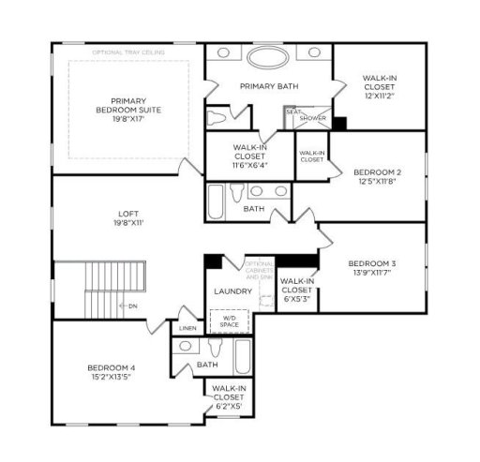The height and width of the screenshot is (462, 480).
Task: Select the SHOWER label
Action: pyautogui.click(x=312, y=118)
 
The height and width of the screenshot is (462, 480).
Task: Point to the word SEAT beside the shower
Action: pyautogui.click(x=292, y=112)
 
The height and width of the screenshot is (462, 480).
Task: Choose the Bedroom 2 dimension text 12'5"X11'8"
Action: pyautogui.click(x=378, y=183)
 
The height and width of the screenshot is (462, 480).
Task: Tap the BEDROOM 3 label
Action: pyautogui.click(x=372, y=263)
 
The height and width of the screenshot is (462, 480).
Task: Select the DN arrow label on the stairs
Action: pyautogui.click(x=132, y=306)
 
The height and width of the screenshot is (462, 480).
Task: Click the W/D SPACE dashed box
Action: pyautogui.click(x=230, y=322)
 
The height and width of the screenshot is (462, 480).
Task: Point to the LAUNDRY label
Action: pyautogui.click(x=232, y=291)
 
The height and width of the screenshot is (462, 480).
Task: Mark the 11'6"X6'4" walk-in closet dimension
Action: pyautogui.click(x=236, y=165)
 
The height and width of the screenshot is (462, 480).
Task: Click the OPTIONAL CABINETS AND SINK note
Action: pyautogui.click(x=259, y=270)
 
